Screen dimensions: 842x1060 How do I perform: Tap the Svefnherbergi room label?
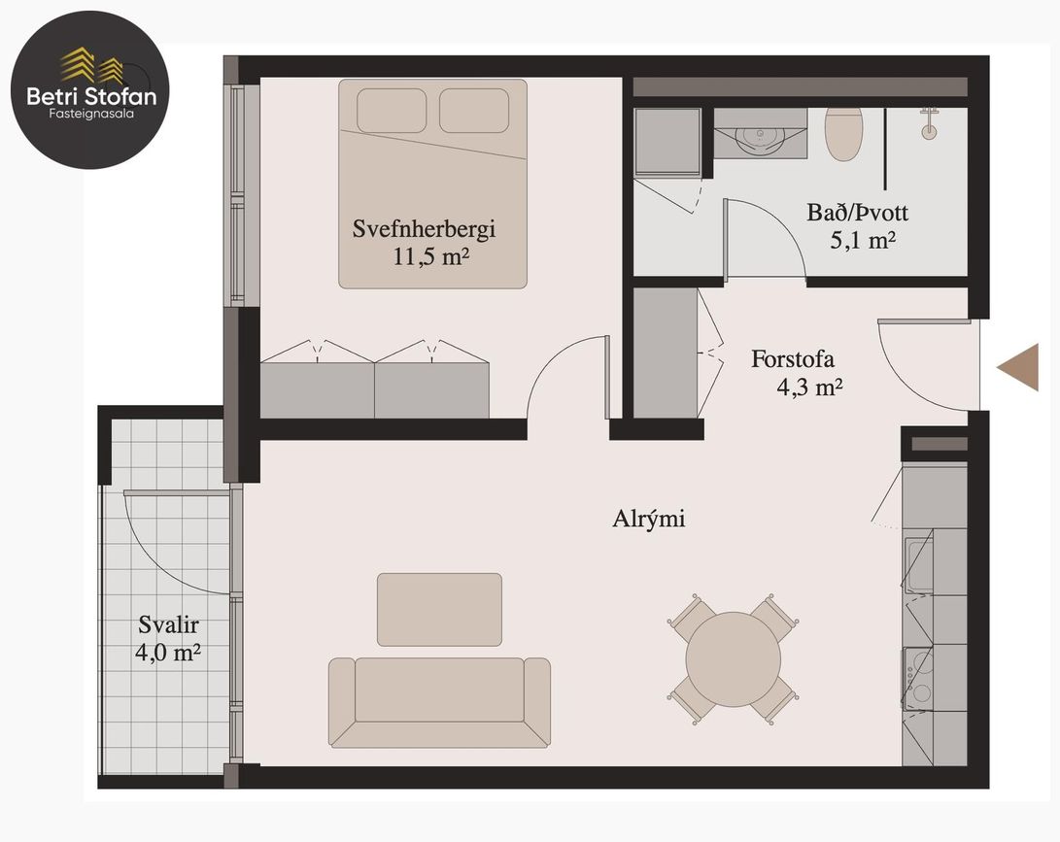click(x=425, y=230)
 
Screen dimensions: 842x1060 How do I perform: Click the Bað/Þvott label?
click(x=857, y=213)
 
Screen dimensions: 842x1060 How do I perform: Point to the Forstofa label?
click(x=793, y=358)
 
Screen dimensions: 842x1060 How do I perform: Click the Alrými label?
click(x=648, y=519)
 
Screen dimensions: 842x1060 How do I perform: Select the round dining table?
click(x=733, y=658)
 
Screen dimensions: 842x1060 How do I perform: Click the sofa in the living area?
click(x=439, y=701)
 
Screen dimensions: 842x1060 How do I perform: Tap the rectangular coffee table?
click(x=439, y=609)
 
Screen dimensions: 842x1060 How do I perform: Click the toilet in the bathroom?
click(x=843, y=134)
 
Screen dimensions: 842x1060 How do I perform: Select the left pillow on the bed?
click(x=392, y=111)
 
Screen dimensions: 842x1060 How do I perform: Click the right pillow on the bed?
click(x=474, y=111)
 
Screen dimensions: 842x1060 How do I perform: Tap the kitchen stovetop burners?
click(x=917, y=676)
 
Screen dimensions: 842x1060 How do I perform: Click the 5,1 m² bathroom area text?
click(x=862, y=241)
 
